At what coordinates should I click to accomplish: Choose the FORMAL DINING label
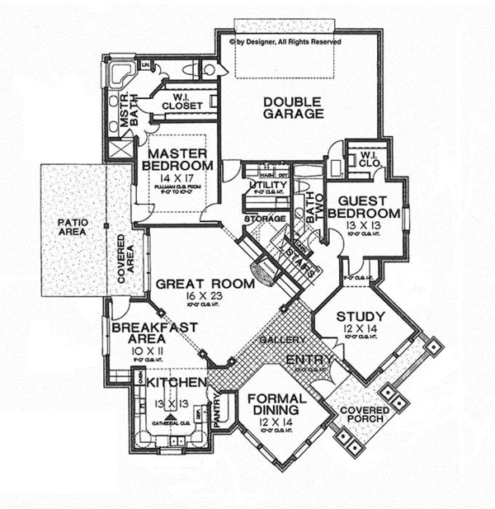pos(276,405)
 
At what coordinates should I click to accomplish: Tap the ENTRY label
pos(310,361)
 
